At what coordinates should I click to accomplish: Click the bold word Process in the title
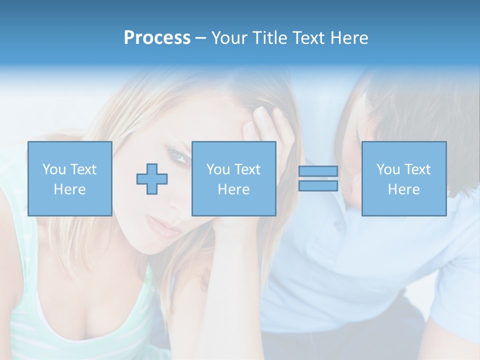157,38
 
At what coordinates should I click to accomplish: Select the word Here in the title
348,38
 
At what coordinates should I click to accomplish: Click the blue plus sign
152,179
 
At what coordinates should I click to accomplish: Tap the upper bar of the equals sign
318,171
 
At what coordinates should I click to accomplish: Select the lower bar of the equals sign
318,186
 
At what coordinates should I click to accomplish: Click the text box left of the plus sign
70,179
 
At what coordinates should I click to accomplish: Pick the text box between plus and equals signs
233,179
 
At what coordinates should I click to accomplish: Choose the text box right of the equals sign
404,179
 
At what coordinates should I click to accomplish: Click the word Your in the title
228,38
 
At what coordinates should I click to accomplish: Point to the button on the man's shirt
338,226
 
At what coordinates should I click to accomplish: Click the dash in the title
201,38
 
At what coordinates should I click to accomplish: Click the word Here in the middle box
233,189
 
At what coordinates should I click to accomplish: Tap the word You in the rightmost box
388,169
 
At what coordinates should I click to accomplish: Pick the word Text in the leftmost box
83,169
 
